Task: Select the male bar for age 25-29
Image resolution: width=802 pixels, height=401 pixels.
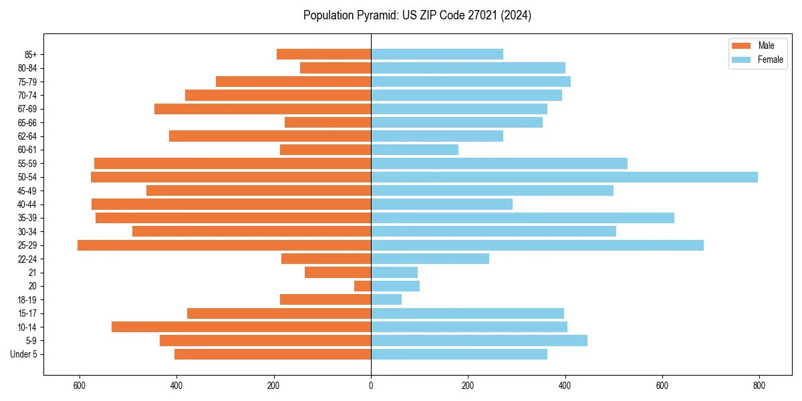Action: tap(224, 245)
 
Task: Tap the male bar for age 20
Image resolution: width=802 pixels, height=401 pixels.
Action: tap(363, 286)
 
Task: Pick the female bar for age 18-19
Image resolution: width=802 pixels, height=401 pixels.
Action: tap(386, 299)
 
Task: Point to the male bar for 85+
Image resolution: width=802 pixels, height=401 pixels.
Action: tap(323, 54)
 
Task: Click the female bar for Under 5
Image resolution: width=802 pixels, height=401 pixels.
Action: tap(459, 354)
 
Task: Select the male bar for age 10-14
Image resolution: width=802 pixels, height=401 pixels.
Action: tap(241, 327)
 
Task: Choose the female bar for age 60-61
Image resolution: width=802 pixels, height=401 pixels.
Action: tap(414, 150)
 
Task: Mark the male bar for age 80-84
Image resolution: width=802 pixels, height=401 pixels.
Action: tap(336, 68)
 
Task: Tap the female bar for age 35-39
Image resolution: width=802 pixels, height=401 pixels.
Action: tap(523, 218)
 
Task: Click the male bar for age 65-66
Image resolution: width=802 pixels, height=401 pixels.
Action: tap(327, 122)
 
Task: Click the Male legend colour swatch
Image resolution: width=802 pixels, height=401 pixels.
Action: tap(741, 45)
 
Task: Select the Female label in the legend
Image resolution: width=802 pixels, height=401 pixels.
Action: tap(770, 59)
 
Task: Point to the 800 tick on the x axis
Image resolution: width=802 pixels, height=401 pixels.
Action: tap(759, 386)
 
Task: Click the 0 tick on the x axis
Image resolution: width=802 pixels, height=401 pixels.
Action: tap(371, 386)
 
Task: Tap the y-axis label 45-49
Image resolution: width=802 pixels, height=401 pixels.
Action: tap(27, 190)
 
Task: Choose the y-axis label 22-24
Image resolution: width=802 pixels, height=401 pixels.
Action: tap(27, 259)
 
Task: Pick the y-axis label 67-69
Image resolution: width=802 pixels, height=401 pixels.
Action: tap(27, 109)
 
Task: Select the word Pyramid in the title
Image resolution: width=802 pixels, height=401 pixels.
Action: tap(375, 15)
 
